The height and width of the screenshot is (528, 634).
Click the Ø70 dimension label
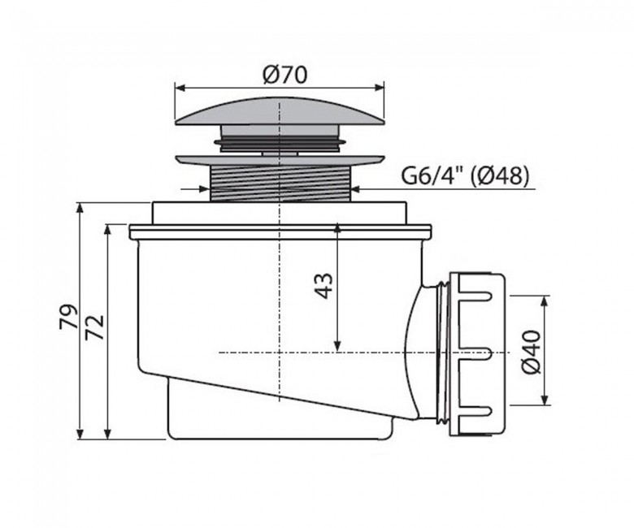pos(284,75)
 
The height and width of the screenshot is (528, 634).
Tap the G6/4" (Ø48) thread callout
pos(465,175)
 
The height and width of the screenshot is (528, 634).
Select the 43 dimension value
pos(324,285)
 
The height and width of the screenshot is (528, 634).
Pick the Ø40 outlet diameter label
pos(530,351)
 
